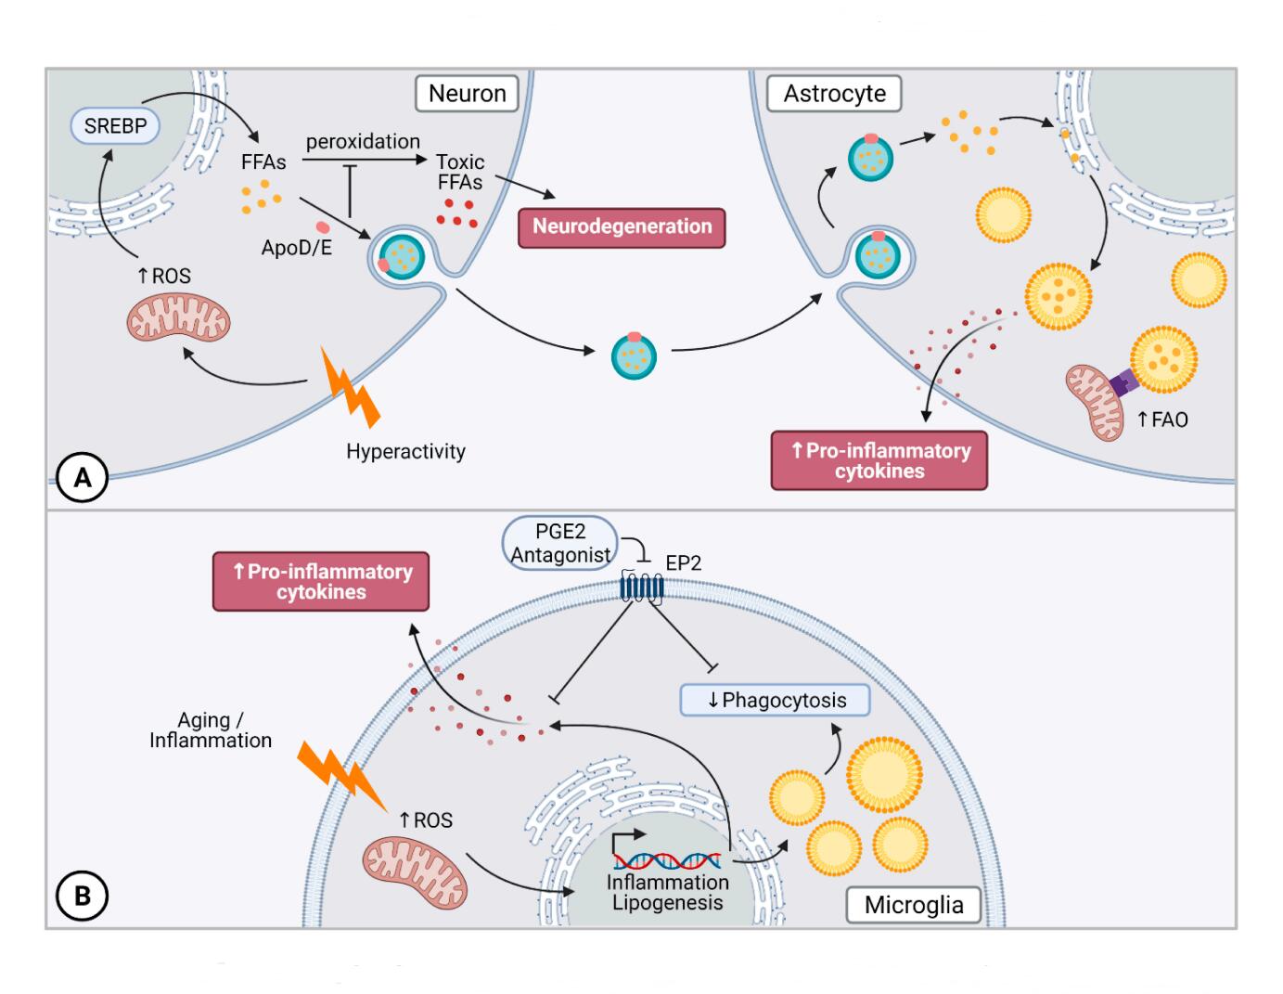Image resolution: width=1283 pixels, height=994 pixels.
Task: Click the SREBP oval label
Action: [x=115, y=126]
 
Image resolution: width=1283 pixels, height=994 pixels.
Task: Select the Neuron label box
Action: [x=467, y=94]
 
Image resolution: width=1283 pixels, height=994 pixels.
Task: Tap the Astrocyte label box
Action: [x=834, y=94]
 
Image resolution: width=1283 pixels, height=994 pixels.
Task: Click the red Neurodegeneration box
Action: [x=622, y=227]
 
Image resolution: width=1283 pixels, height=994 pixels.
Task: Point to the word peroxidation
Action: [x=363, y=142]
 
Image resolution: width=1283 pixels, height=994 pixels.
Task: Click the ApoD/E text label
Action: [x=296, y=248]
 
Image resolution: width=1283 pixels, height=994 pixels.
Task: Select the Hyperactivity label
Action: [x=405, y=452]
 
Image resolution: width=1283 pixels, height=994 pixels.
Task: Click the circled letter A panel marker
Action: [x=83, y=478]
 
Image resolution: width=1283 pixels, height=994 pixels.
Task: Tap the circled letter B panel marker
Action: [x=83, y=897]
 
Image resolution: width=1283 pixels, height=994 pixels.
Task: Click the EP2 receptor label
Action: [x=684, y=563]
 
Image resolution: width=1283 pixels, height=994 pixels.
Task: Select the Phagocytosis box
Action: [x=776, y=701]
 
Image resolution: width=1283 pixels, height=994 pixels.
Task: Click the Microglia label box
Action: [x=914, y=905]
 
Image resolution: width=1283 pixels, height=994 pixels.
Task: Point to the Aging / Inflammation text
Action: [x=211, y=730]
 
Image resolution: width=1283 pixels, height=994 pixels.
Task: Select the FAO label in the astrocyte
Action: [x=1163, y=420]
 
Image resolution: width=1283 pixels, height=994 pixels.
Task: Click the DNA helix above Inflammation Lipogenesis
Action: [x=666, y=861]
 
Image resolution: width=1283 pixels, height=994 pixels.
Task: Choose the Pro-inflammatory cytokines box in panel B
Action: [x=321, y=582]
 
